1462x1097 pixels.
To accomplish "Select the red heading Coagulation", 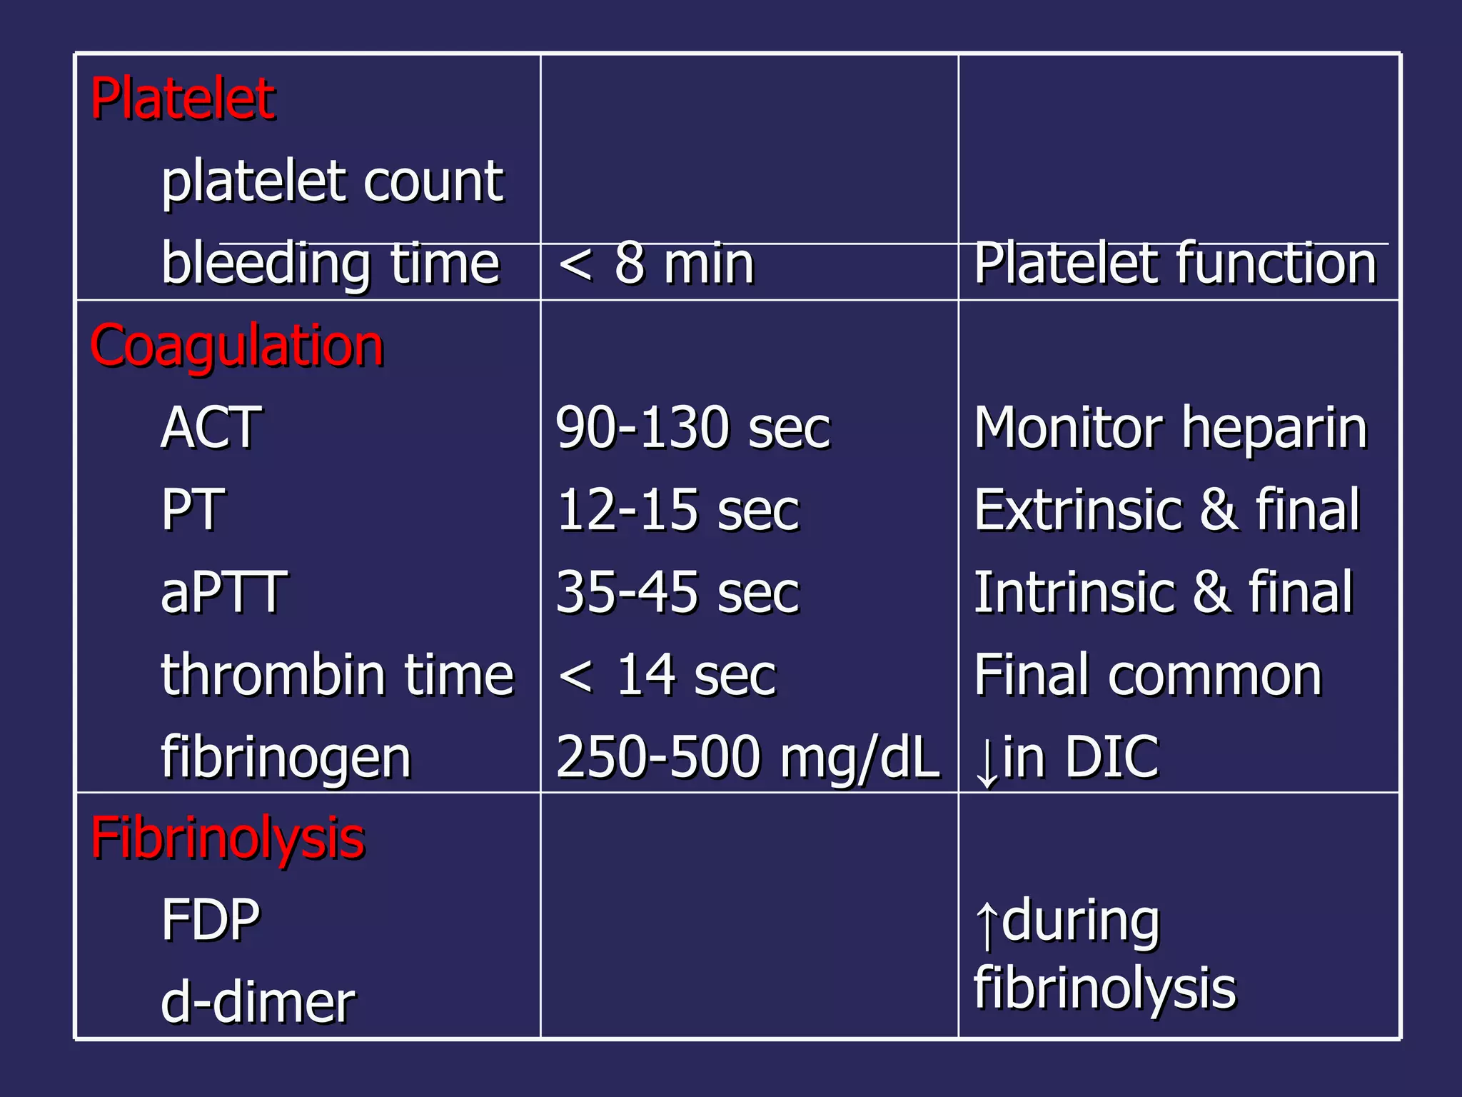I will pyautogui.click(x=236, y=346).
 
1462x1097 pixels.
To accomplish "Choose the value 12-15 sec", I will pyautogui.click(x=677, y=510).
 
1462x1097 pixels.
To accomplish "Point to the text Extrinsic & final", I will pyautogui.click(x=1167, y=510).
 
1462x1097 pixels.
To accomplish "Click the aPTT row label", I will pyautogui.click(x=223, y=592).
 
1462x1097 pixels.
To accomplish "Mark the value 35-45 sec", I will pyautogui.click(x=677, y=592).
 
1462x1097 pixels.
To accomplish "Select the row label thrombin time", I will pyautogui.click(x=337, y=674).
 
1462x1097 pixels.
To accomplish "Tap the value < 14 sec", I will pyautogui.click(x=667, y=674).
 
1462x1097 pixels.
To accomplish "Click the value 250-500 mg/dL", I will pyautogui.click(x=747, y=757).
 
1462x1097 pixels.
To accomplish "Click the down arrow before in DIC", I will pyautogui.click(x=987, y=761).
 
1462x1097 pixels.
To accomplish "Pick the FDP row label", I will pyautogui.click(x=211, y=921).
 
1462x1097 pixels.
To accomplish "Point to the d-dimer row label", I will pyautogui.click(x=258, y=1003).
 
